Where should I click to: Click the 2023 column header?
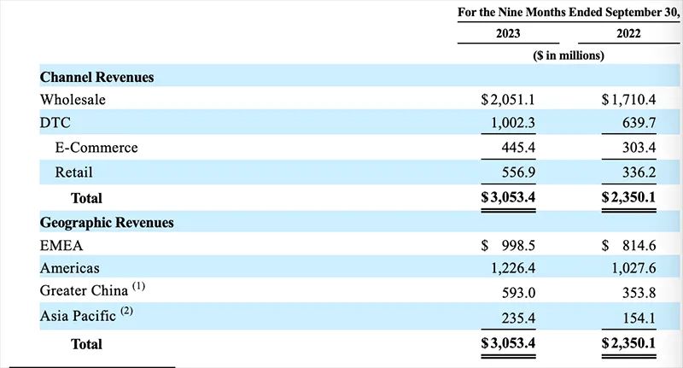508,33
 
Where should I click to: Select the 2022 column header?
628,33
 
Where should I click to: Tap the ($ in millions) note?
569,55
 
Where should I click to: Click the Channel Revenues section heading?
96,77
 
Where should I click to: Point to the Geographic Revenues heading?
107,223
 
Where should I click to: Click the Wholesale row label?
73,100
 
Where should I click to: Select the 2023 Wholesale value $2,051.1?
508,100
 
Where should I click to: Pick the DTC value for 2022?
639,123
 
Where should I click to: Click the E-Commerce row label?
96,148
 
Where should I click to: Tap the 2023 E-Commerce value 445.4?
518,148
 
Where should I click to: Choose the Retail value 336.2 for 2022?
639,172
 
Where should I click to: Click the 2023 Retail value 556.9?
518,172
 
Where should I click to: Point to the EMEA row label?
61,246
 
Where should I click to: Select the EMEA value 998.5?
518,246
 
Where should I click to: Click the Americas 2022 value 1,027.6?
633,268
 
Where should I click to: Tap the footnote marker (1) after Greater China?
138,287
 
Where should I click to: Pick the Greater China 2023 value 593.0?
518,293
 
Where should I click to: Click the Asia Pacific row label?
78,316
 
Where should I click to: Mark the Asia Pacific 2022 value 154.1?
639,318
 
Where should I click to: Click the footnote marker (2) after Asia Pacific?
126,311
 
